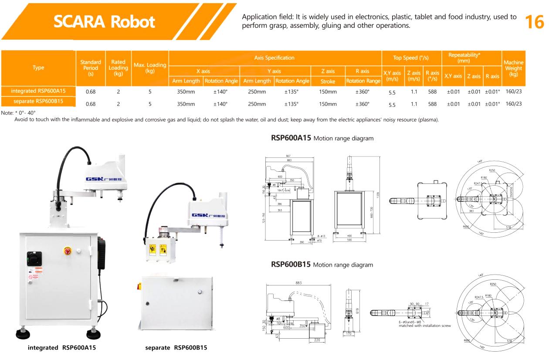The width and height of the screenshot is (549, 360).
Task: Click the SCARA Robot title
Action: (x=104, y=21)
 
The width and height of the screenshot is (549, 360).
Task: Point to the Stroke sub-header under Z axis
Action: (x=328, y=81)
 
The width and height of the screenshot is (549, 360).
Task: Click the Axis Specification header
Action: (x=274, y=58)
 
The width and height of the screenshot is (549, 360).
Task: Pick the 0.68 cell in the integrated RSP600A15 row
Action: (x=91, y=92)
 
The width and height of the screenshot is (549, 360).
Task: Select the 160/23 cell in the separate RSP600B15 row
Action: (x=514, y=104)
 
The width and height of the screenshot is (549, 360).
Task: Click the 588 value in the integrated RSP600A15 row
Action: (x=432, y=92)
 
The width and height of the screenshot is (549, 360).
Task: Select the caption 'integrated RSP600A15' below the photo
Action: (x=62, y=348)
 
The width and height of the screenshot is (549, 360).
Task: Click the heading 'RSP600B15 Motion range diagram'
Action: (x=322, y=265)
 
